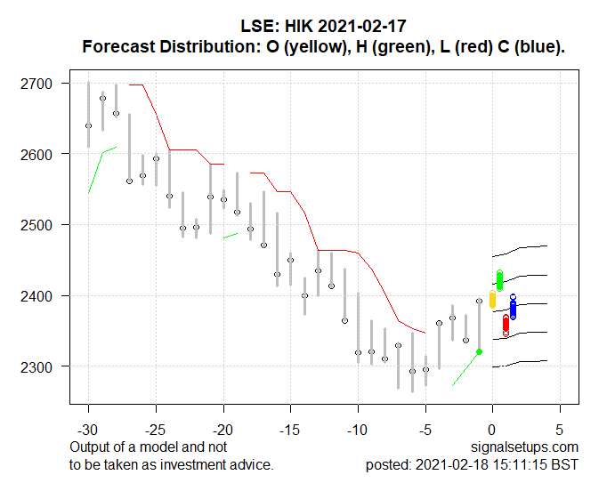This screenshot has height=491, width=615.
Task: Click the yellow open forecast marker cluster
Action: pos(493,299)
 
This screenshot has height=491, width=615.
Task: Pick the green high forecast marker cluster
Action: pos(499,280)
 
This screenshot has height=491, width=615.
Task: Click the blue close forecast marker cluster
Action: pos(513,308)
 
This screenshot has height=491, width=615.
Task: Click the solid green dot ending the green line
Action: pos(480,351)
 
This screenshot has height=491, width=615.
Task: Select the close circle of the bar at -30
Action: pos(88,125)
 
